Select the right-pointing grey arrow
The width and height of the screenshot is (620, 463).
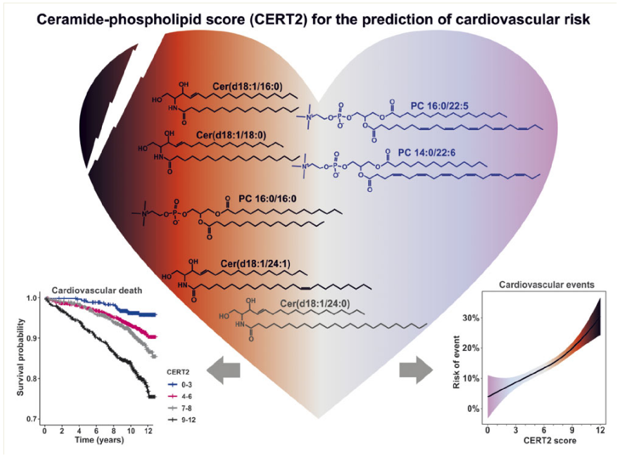[x=416, y=368]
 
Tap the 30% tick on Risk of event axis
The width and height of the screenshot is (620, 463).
[x=470, y=319]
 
